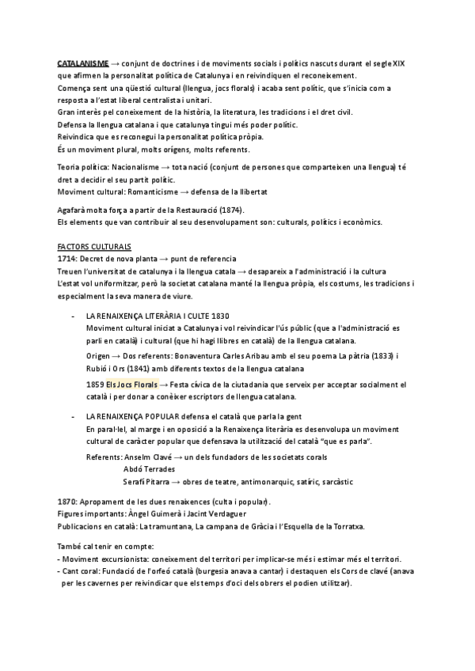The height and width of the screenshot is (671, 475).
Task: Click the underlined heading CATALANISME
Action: click(83, 62)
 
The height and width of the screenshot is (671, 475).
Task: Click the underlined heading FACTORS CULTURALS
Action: click(94, 247)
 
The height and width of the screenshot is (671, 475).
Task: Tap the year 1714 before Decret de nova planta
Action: click(67, 260)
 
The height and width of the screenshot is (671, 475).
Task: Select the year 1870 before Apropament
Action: click(67, 502)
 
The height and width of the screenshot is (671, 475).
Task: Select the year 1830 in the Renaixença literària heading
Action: click(223, 315)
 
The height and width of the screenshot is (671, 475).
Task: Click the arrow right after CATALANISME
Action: click(116, 62)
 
